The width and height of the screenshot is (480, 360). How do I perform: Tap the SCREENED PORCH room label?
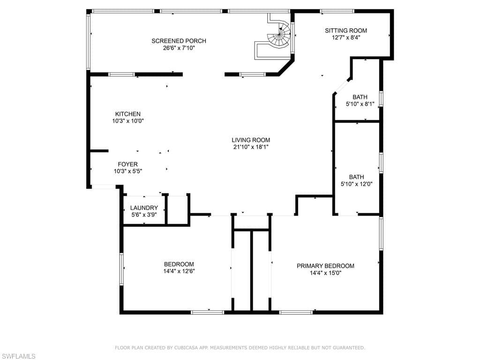[x=179, y=41]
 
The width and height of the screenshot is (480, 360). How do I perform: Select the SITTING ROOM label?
[x=346, y=30]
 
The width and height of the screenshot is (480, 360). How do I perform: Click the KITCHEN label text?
[x=127, y=114]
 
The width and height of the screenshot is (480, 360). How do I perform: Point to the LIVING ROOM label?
[x=251, y=140]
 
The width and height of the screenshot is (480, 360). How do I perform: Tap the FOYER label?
[x=127, y=164]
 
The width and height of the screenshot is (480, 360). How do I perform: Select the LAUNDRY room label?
[x=144, y=208]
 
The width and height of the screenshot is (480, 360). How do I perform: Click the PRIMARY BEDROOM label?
[x=325, y=266]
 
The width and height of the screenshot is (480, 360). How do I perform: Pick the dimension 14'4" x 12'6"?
[x=179, y=271]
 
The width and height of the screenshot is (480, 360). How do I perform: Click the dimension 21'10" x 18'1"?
[x=251, y=147]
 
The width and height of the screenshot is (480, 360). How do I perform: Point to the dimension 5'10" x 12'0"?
[x=356, y=184]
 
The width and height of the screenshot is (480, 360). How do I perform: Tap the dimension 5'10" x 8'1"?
[x=360, y=104]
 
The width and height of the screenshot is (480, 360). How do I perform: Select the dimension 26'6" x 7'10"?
[x=179, y=48]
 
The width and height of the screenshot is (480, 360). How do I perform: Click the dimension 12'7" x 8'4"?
[x=346, y=37]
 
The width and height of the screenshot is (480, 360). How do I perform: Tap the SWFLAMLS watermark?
[x=18, y=356]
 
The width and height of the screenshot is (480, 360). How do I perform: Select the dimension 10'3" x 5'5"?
[x=127, y=171]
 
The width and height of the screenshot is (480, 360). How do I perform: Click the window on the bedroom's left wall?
[x=121, y=268]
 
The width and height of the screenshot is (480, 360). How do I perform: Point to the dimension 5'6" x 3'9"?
[x=144, y=215]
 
